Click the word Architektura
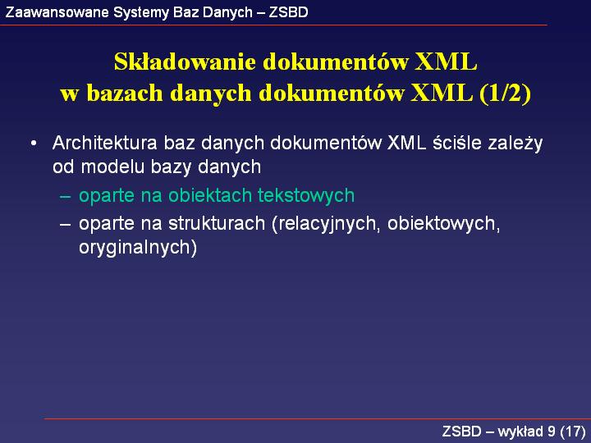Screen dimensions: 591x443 coord(105,143)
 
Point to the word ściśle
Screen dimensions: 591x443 coord(457,143)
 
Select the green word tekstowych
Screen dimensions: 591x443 coord(306,195)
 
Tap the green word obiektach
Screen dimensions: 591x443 coord(210,195)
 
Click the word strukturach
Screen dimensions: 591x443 coord(217,223)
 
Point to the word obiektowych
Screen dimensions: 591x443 coord(443,225)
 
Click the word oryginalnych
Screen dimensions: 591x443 coord(138,249)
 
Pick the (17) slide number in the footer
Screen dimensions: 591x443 coord(573,432)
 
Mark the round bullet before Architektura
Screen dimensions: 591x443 coord(34,143)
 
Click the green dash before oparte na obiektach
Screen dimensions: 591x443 coord(65,196)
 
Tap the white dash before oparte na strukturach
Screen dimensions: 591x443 coord(65,224)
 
